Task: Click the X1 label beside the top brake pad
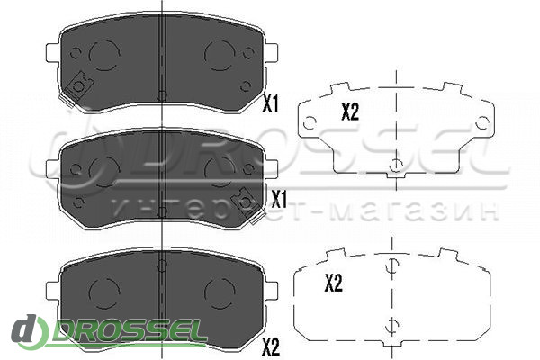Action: click(270, 103)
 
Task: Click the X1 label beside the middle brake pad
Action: click(279, 200)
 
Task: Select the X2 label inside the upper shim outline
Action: click(350, 112)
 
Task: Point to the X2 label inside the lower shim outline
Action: click(333, 283)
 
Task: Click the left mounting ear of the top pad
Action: click(53, 53)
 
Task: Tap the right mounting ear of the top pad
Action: click(272, 53)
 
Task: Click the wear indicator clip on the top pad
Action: click(79, 87)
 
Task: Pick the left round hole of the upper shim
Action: click(310, 122)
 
